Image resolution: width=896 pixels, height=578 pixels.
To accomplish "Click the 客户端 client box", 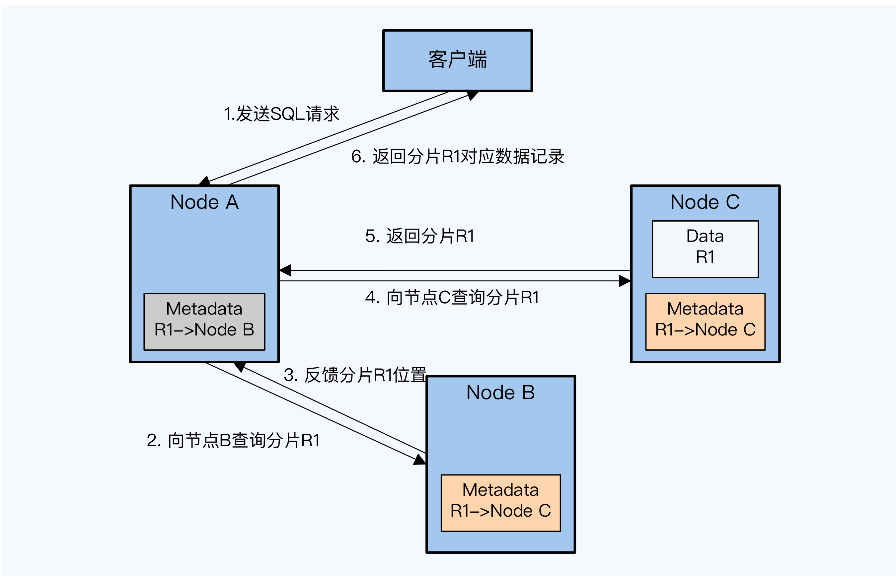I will point(457,60).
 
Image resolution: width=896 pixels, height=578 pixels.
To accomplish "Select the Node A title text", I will point(204,202).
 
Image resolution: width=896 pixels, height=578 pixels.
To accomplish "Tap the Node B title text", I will point(500,393).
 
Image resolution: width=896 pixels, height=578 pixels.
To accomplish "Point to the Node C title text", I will point(705,202).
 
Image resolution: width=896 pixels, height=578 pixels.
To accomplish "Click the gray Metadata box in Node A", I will point(204,322).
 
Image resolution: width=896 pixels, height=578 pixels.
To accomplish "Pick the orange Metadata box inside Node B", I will point(500,503).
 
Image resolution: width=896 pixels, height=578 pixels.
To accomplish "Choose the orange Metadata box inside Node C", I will point(705,322).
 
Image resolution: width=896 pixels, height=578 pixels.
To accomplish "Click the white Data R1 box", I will point(705,249).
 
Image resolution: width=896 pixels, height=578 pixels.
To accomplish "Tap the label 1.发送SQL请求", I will point(281,114).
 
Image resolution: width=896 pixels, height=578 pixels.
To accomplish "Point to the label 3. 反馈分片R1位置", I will point(355,375).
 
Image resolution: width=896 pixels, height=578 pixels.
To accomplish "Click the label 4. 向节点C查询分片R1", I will point(452,297).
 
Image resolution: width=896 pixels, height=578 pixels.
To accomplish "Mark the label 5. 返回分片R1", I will point(420,236).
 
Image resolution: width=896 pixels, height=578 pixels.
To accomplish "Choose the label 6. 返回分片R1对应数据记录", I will point(457,157).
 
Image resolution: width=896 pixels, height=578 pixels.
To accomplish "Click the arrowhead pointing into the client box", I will point(472,95).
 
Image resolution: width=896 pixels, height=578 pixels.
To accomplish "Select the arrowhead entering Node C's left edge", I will point(625,281).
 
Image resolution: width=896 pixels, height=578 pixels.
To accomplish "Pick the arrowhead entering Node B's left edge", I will point(420,460).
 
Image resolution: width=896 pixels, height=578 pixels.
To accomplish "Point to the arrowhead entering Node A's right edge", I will point(285,270).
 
